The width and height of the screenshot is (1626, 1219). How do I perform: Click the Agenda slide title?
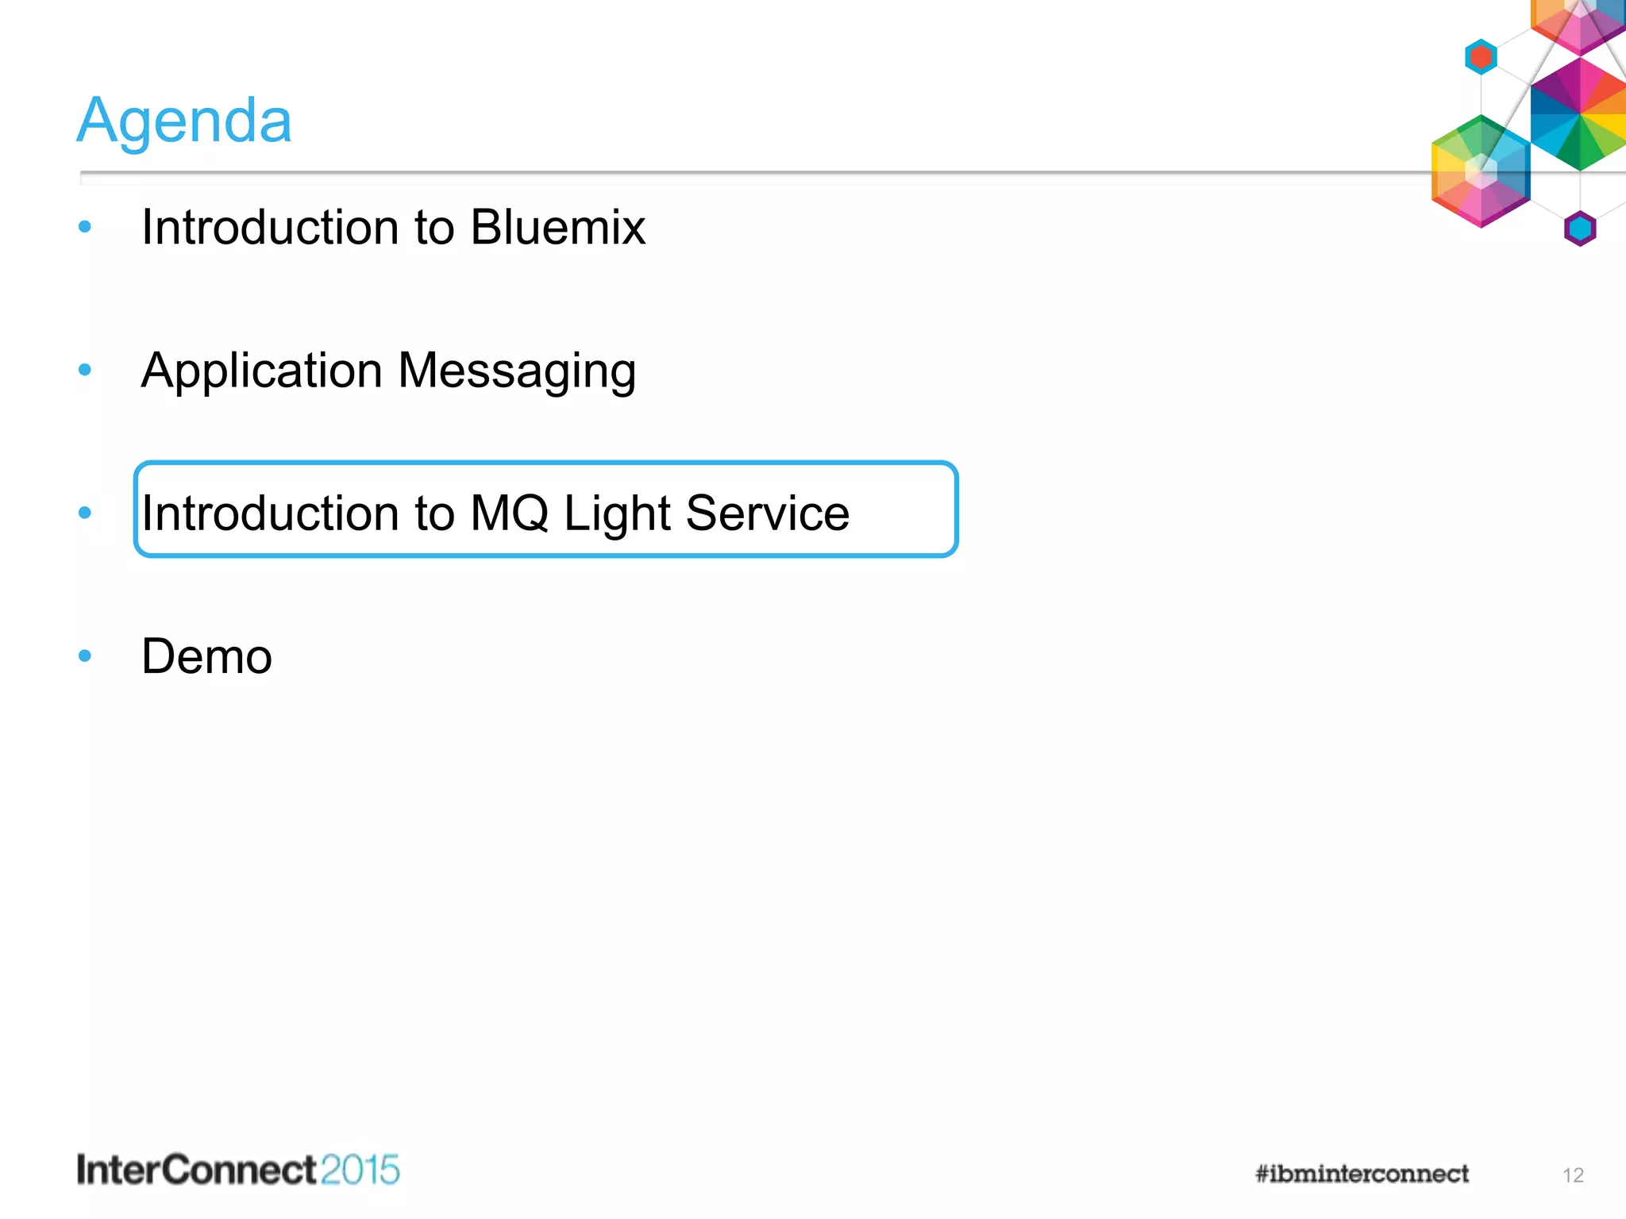[184, 121]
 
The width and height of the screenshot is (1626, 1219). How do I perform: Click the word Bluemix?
[557, 228]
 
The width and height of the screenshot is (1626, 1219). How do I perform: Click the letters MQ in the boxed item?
[509, 513]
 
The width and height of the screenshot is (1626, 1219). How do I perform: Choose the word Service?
[767, 513]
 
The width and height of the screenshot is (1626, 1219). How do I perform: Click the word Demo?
[206, 657]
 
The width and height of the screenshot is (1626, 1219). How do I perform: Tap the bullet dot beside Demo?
[85, 656]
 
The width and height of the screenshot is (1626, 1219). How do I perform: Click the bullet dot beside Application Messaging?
[85, 369]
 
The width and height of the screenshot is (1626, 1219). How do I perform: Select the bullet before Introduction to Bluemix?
[85, 227]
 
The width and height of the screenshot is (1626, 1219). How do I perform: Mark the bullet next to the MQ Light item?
[85, 513]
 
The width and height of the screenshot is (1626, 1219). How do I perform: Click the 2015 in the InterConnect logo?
[360, 1170]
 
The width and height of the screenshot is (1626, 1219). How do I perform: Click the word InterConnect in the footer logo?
[197, 1170]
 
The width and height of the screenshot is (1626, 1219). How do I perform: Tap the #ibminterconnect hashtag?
[1362, 1174]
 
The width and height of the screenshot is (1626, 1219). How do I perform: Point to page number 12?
[1573, 1175]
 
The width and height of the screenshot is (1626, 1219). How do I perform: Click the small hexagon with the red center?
[1481, 57]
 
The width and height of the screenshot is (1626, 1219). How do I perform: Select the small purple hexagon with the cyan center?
[1580, 229]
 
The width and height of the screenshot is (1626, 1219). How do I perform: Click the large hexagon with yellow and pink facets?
[1480, 172]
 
